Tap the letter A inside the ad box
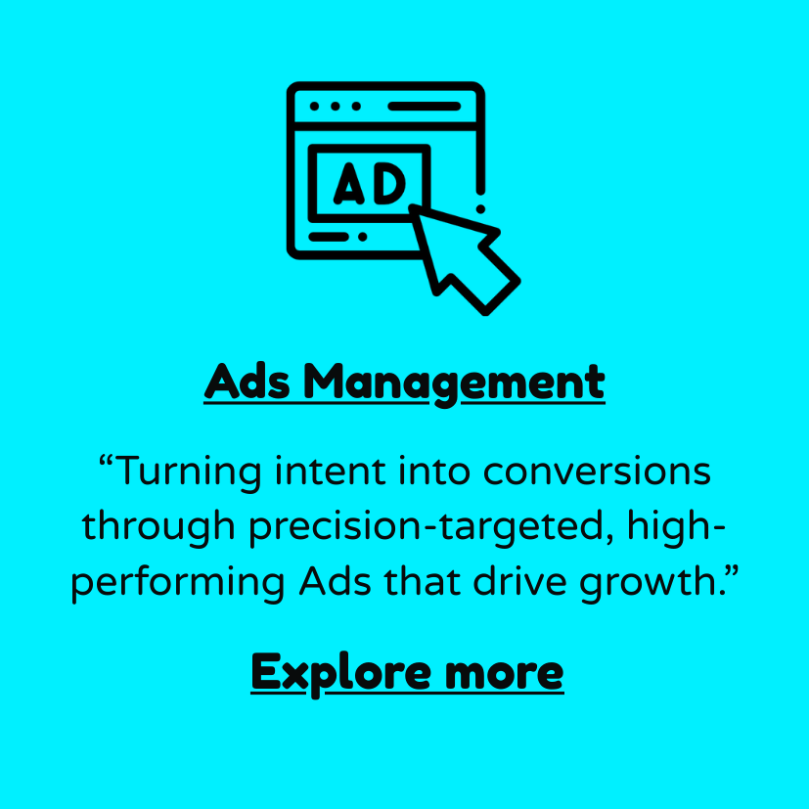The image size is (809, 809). [x=350, y=183]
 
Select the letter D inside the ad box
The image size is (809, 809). [x=389, y=183]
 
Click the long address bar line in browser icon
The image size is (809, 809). [x=425, y=107]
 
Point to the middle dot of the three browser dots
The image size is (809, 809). [x=336, y=107]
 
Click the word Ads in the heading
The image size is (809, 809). [x=247, y=382]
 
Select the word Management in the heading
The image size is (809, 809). [x=454, y=384]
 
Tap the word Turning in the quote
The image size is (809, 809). [x=190, y=472]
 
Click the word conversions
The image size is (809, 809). [x=597, y=472]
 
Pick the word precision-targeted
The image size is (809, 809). [x=427, y=527]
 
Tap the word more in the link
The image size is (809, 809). [x=505, y=674]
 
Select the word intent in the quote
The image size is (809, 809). [x=331, y=472]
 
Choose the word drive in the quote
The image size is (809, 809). [x=519, y=579]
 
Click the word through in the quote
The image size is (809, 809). [x=158, y=527]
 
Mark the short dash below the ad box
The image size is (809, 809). [x=329, y=237]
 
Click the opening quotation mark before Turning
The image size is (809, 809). [x=107, y=462]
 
